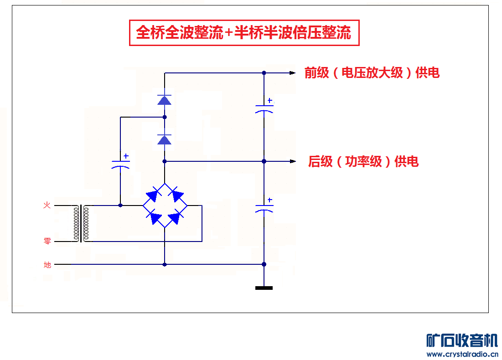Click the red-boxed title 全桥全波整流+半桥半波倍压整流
click(244, 33)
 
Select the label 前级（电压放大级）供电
click(372, 73)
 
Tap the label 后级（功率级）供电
click(363, 161)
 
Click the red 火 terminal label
click(47, 206)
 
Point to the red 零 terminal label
click(47, 241)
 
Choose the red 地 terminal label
click(47, 264)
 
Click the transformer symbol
click(82, 223)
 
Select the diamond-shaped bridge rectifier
click(164, 206)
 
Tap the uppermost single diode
click(164, 99)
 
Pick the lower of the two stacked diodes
click(164, 139)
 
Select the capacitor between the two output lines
click(264, 109)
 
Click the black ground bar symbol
click(264, 288)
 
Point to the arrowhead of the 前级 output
click(293, 73)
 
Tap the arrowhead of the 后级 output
click(293, 161)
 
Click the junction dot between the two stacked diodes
click(165, 117)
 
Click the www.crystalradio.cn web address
click(462, 354)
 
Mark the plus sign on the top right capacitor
click(269, 100)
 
